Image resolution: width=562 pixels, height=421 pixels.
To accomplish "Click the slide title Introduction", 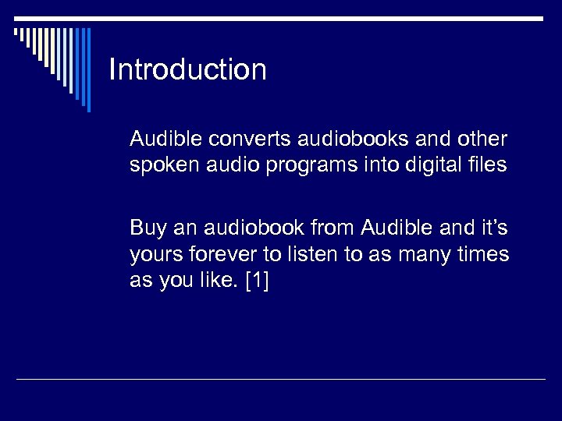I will pyautogui.click(x=187, y=69).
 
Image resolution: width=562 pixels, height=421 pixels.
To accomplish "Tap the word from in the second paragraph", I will pyautogui.click(x=334, y=228).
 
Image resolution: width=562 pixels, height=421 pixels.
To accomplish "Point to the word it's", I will pyautogui.click(x=491, y=228).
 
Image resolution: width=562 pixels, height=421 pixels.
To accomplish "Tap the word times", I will pyautogui.click(x=486, y=254).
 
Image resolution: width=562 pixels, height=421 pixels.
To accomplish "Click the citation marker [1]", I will pyautogui.click(x=256, y=281).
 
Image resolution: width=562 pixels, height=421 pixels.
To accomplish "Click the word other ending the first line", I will pyautogui.click(x=483, y=140).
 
